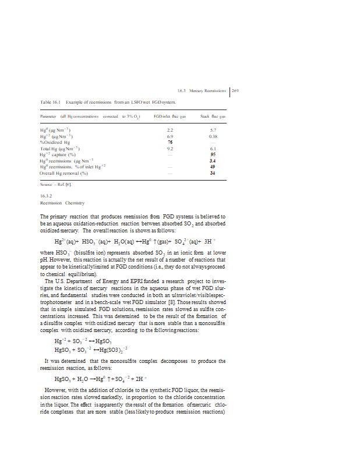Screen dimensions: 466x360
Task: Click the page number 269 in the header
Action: tap(236, 90)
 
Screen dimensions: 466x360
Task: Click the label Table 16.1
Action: tap(50, 102)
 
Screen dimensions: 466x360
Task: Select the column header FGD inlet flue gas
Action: tap(170, 117)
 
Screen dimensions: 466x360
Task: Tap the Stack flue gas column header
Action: tap(213, 117)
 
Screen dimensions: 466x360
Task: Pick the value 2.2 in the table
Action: tap(170, 130)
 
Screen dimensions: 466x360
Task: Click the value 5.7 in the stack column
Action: tap(213, 130)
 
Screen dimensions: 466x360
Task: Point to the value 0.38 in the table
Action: tap(213, 136)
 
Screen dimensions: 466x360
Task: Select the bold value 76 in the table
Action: tap(170, 142)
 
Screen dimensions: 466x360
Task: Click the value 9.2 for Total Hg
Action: tap(170, 148)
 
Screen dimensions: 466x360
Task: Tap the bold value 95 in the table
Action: tap(213, 154)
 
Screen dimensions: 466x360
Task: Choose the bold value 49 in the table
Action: tap(213, 167)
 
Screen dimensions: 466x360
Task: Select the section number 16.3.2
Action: tap(46, 196)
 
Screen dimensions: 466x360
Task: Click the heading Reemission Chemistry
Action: tap(62, 203)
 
